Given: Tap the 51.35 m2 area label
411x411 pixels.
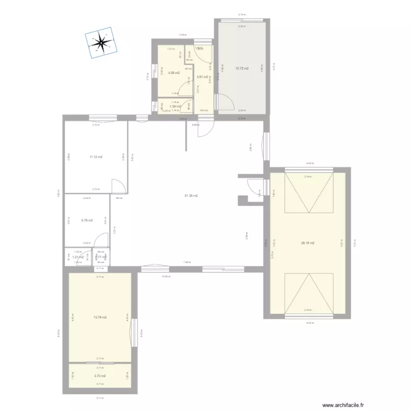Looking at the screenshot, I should pyautogui.click(x=191, y=196).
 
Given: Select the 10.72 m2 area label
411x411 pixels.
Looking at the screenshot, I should pyautogui.click(x=242, y=68).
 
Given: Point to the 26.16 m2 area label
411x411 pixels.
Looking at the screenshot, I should pyautogui.click(x=308, y=243).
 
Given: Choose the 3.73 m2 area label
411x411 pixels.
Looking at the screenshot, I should pyautogui.click(x=99, y=376).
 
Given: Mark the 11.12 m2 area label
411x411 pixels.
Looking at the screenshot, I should pyautogui.click(x=96, y=157).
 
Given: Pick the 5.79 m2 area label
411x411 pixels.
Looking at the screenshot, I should pyautogui.click(x=87, y=221).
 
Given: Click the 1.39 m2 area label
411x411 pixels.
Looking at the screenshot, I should pyautogui.click(x=175, y=106).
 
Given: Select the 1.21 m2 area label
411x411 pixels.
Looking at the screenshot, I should pyautogui.click(x=78, y=257).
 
